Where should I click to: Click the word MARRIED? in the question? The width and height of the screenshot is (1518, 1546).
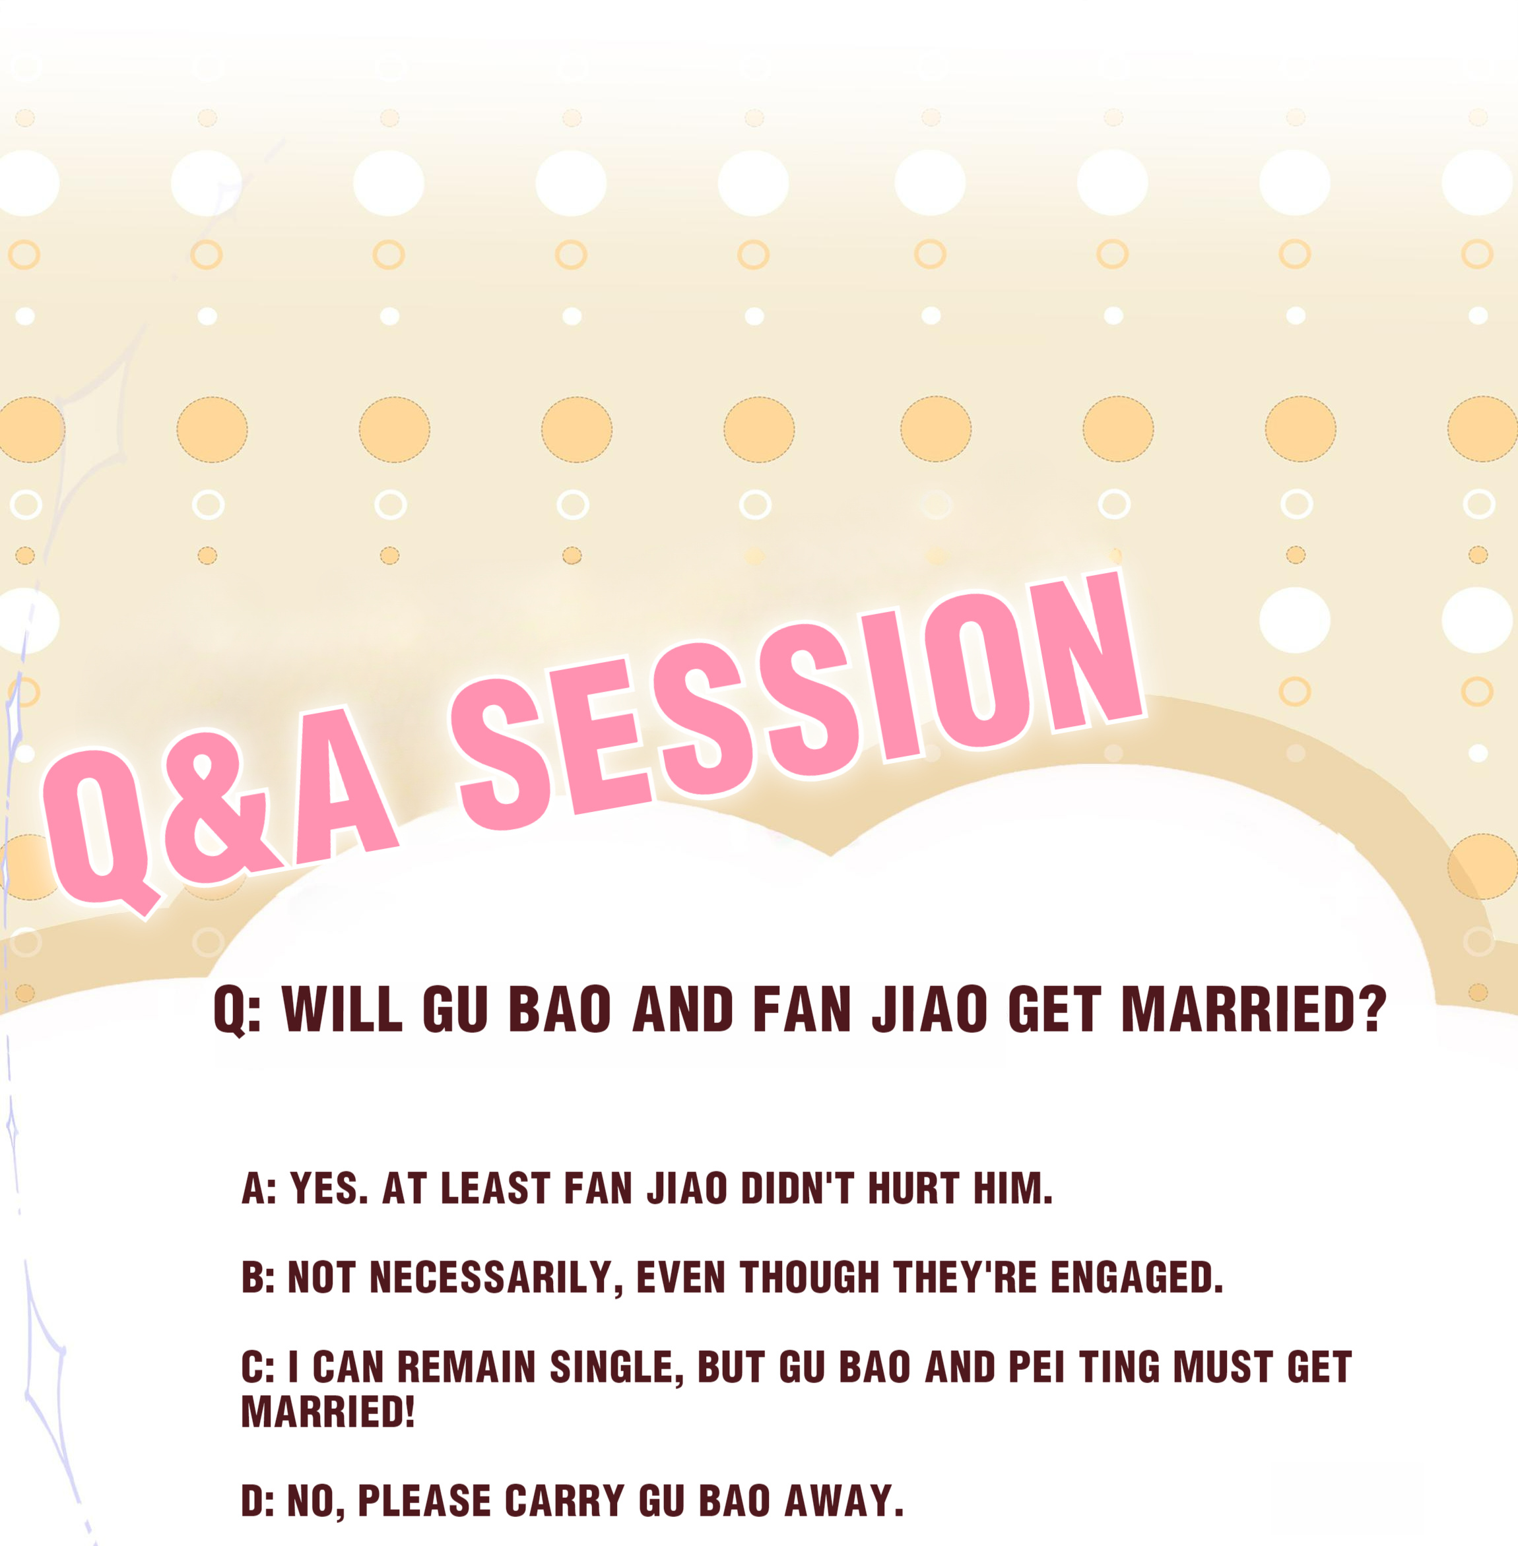pos(1254,1010)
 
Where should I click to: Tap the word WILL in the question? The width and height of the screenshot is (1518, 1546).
pos(342,1010)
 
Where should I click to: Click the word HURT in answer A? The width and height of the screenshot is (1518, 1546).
pos(913,1188)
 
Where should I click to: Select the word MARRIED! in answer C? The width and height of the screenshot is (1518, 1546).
pos(327,1411)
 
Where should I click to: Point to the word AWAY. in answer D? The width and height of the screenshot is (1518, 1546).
pos(844,1500)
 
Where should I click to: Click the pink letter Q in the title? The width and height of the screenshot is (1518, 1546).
pos(100,833)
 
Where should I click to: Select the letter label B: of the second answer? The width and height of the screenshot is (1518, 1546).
pos(257,1278)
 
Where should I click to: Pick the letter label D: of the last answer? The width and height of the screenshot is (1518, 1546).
pos(257,1500)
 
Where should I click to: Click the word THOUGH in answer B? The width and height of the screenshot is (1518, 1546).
pos(810,1278)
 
